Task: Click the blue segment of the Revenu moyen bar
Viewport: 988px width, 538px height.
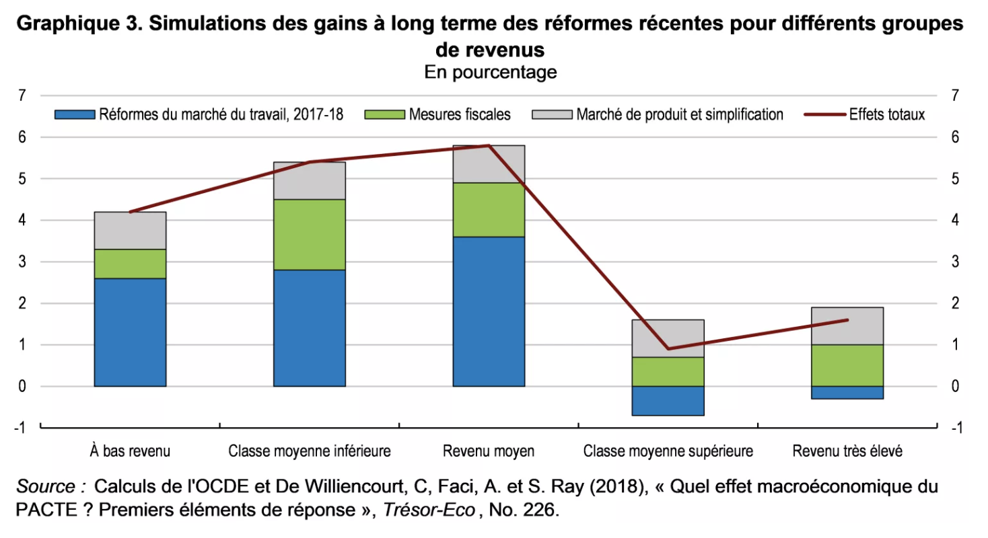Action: click(x=489, y=311)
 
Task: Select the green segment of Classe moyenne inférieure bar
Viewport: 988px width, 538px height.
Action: click(x=310, y=235)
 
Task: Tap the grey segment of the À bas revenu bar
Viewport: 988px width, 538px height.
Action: click(x=130, y=231)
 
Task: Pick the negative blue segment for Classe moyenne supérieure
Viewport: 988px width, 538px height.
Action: click(x=668, y=401)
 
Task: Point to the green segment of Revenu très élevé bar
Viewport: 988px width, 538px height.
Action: click(x=847, y=365)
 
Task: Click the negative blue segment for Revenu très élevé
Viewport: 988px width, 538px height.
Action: click(x=847, y=393)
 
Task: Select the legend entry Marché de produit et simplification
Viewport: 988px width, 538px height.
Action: click(x=679, y=114)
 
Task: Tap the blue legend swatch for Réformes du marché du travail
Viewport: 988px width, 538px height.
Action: click(x=75, y=114)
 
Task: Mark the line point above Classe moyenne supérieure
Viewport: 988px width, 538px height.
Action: click(x=668, y=348)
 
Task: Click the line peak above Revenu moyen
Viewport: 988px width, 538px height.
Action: click(x=489, y=145)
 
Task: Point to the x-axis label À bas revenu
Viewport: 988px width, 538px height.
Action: click(x=130, y=451)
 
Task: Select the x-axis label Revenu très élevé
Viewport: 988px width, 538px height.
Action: click(x=847, y=451)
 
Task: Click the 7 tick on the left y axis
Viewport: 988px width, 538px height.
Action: click(x=22, y=95)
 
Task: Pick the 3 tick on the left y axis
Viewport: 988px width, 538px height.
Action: click(x=22, y=262)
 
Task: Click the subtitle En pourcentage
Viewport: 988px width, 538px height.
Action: click(x=491, y=72)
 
